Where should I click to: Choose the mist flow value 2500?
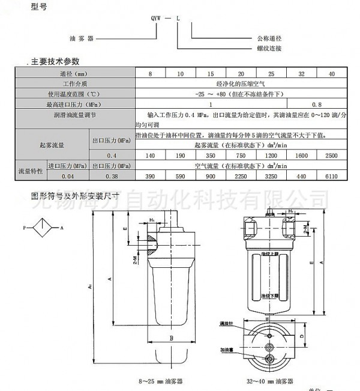click(331, 155)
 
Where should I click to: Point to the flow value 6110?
click(331, 176)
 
